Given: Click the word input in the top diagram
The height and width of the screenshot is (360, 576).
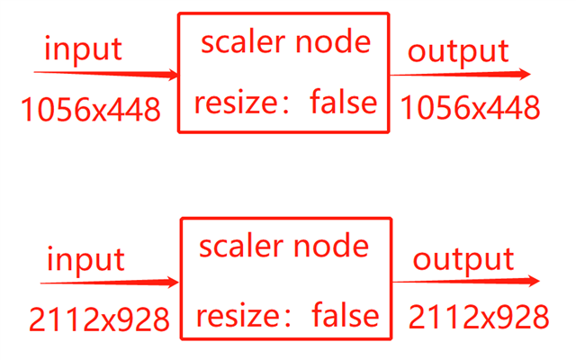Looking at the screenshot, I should tap(83, 49).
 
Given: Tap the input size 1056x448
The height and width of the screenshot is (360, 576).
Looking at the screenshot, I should tap(90, 110).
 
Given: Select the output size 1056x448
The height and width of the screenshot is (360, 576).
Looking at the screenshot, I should tap(470, 109).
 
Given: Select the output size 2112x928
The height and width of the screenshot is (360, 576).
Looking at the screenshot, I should tap(478, 317).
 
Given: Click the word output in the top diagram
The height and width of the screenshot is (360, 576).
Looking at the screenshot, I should tap(458, 51).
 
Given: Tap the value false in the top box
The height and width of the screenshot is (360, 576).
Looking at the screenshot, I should tap(343, 102).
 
